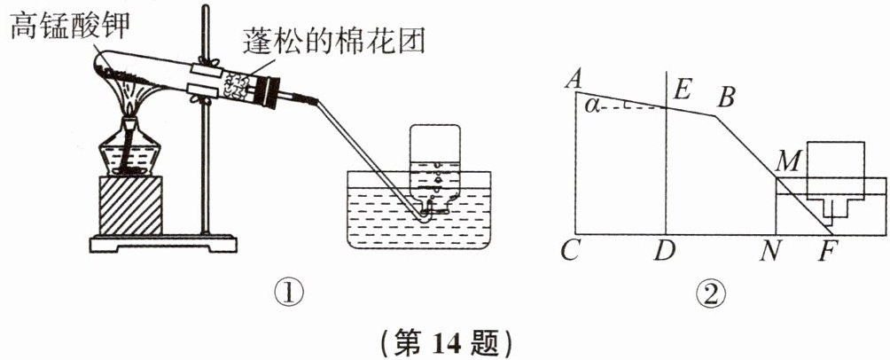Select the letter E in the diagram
[x=681, y=89]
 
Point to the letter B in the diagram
[x=727, y=97]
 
